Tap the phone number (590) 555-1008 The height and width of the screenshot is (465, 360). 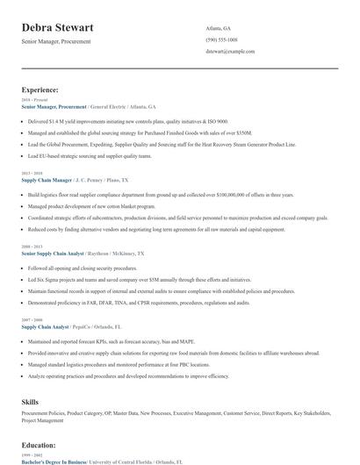point(221,39)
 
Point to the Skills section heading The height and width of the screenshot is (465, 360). point(30,401)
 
